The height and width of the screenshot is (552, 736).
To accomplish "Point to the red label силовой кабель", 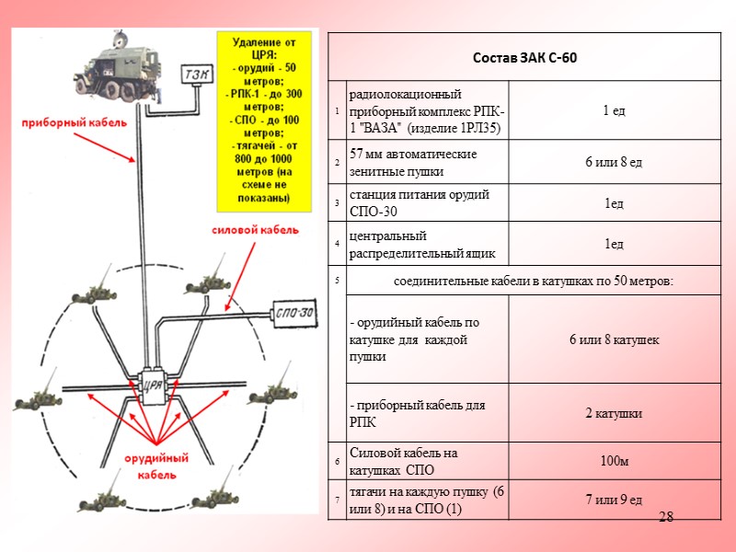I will point(256,230).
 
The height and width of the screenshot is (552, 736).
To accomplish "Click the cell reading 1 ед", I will point(614,111).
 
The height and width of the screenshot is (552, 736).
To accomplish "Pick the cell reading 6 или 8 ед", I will point(614,163).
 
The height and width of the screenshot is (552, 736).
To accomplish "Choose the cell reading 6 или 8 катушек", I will point(614,340).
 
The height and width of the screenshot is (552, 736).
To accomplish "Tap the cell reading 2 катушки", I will point(614,413).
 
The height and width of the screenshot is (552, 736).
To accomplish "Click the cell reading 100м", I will point(614,460).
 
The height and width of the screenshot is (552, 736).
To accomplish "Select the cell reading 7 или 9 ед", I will point(614,500).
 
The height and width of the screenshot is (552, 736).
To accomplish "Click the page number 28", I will point(668,518).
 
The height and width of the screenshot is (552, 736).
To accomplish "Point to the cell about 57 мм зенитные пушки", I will point(426,163).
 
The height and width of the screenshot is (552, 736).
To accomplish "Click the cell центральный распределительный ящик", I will point(426,244).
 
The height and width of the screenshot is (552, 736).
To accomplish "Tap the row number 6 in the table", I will point(338,460).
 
